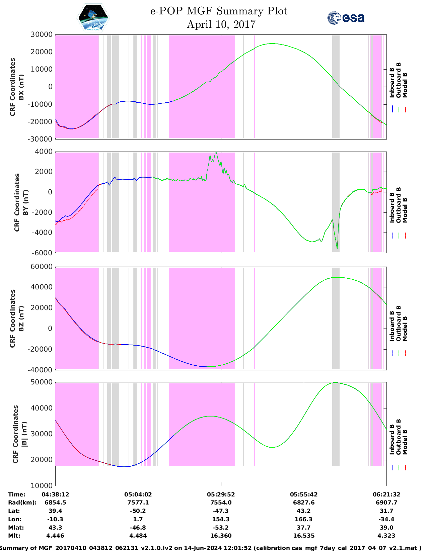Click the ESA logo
tap(346, 18)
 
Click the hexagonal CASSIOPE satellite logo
tap(93, 18)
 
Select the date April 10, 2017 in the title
tap(221, 24)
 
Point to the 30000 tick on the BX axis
tap(42, 34)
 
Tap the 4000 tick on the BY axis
tap(44, 152)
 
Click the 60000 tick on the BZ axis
tap(42, 267)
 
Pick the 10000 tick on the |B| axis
tap(42, 485)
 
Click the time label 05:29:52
tap(221, 494)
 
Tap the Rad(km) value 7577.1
tap(138, 502)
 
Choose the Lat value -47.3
tap(221, 511)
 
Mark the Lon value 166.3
tap(303, 519)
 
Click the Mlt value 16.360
tap(221, 536)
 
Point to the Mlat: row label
tap(16, 528)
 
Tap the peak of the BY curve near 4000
tap(216, 153)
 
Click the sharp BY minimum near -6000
tap(337, 249)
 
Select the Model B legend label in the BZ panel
tap(405, 329)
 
